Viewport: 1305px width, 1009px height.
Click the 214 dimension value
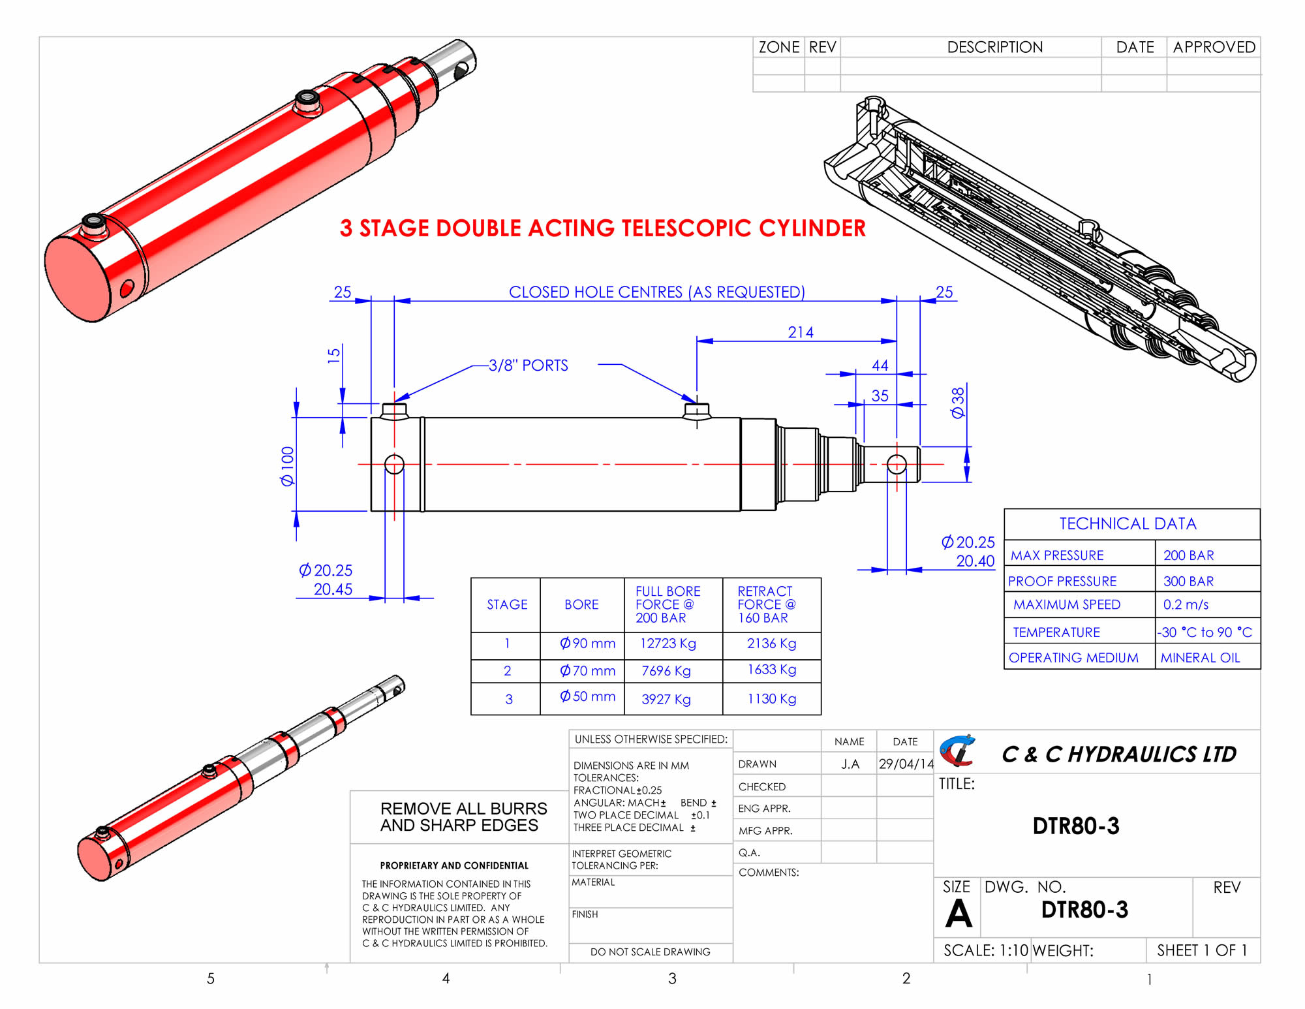coord(801,332)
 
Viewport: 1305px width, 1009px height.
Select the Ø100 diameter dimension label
coord(287,466)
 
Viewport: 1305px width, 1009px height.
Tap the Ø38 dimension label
coord(957,403)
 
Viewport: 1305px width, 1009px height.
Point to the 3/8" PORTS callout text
coord(529,365)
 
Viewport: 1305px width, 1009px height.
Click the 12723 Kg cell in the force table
coord(668,644)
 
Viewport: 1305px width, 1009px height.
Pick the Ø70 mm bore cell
coord(587,670)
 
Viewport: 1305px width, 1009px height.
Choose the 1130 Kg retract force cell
coord(771,699)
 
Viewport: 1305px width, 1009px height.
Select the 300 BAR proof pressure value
coord(1188,581)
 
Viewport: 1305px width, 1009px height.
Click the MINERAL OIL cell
coord(1200,658)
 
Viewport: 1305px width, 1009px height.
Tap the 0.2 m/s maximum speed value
coord(1186,605)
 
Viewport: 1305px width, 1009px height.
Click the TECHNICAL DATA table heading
coord(1128,523)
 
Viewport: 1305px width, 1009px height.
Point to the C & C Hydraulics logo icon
coord(957,751)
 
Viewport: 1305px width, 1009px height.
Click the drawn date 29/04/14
coord(906,764)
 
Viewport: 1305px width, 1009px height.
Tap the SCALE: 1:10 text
coord(985,950)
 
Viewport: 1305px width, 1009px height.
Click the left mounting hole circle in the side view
coord(394,464)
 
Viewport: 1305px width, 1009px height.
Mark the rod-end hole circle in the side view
coord(897,464)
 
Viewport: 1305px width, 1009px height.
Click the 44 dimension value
coord(880,365)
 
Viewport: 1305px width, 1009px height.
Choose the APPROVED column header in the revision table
coord(1214,47)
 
